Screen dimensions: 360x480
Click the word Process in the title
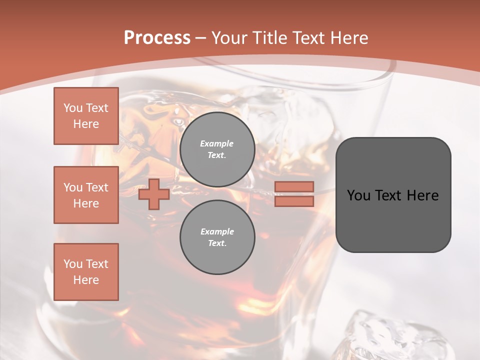coord(157,38)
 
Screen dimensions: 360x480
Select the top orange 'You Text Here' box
coord(86,116)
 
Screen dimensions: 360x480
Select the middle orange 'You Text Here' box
coord(86,195)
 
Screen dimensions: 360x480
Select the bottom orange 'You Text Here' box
coord(86,272)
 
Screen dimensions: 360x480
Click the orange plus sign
coord(154,194)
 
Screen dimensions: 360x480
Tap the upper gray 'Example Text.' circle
coord(217,149)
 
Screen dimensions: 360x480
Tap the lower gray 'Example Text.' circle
coord(217,237)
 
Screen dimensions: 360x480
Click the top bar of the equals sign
coord(294,186)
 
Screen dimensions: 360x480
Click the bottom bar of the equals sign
coord(294,201)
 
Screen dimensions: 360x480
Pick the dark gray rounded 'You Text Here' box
coord(393,194)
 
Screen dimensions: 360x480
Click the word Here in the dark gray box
coord(422,195)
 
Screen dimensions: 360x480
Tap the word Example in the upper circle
coord(217,143)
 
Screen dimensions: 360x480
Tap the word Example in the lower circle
coord(217,231)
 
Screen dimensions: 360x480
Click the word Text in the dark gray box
coord(388,195)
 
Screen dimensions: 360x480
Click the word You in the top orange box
coord(72,108)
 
